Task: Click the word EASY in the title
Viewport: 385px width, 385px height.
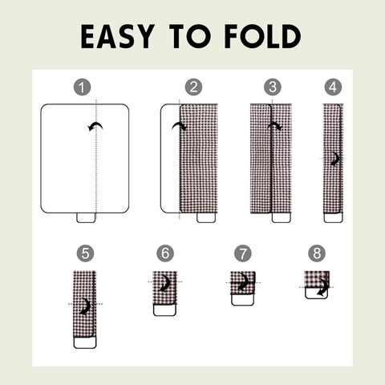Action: click(118, 36)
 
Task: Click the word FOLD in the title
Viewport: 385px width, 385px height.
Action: click(262, 36)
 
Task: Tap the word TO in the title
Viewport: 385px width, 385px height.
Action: click(190, 36)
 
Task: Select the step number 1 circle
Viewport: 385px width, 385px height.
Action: click(82, 87)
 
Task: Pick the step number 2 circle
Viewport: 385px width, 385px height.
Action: click(193, 87)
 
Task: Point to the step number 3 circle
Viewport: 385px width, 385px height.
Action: click(273, 87)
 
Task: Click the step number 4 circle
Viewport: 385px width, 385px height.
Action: click(333, 87)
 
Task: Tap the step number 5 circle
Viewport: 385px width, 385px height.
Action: click(85, 253)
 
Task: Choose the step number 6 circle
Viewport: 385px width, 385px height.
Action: click(165, 253)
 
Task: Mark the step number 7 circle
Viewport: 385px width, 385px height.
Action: click(243, 253)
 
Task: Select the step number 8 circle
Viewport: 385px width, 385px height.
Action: click(317, 253)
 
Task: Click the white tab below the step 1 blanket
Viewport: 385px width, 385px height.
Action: click(86, 217)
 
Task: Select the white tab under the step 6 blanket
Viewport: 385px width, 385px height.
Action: click(164, 310)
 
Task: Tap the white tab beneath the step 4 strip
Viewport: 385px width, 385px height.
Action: click(333, 217)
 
